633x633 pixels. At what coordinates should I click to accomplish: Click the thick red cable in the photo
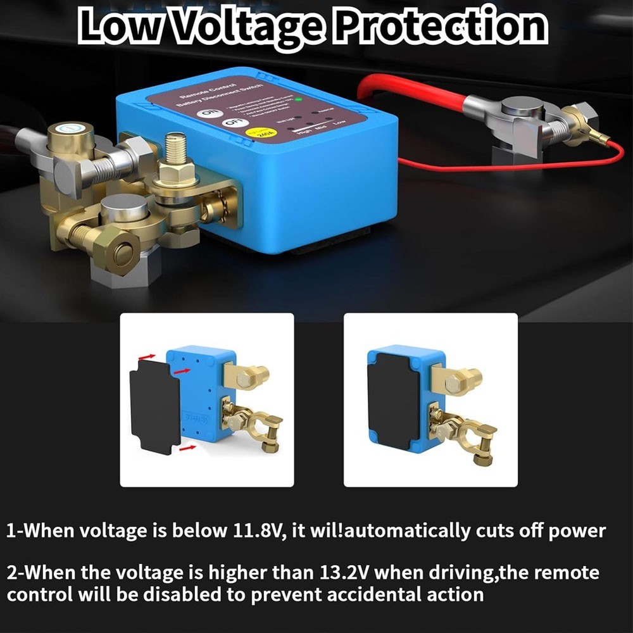coord(411,94)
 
